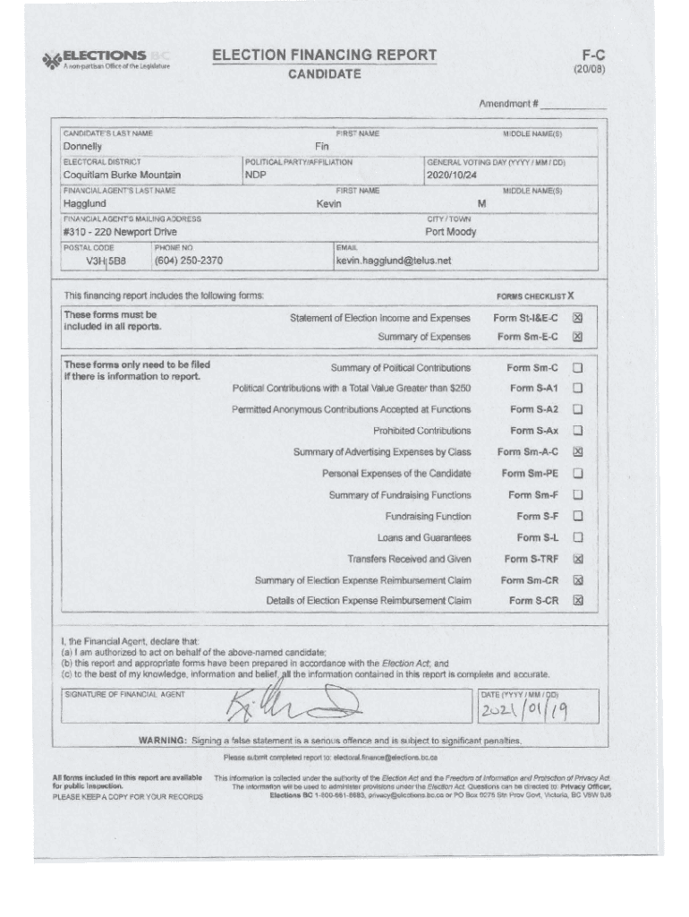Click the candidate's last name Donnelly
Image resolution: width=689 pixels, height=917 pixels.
tap(82, 146)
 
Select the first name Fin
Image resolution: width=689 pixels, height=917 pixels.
tap(322, 146)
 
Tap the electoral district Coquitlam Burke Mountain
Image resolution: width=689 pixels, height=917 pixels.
tap(122, 175)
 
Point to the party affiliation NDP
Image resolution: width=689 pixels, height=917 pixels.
tap(256, 175)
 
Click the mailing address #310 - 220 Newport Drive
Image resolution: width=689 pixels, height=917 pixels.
tap(119, 232)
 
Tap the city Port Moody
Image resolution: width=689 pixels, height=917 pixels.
tap(451, 232)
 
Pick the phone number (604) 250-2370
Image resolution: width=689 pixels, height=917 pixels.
tap(189, 261)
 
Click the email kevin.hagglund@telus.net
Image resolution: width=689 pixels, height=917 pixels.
tap(394, 261)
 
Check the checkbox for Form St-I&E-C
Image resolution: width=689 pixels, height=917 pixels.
tap(577, 318)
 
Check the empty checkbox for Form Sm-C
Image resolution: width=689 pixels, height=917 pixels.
tap(577, 367)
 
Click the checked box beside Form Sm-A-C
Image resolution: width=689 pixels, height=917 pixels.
tap(577, 452)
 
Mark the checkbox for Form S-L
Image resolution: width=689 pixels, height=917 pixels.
tap(577, 537)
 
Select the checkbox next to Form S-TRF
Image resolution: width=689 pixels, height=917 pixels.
tap(577, 559)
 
